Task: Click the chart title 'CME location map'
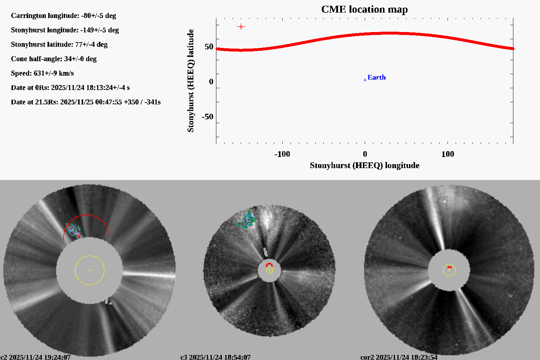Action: [364, 9]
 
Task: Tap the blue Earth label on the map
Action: [377, 77]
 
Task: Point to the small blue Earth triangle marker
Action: [365, 80]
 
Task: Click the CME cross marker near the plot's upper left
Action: [241, 26]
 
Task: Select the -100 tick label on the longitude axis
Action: [282, 154]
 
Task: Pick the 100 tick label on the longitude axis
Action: [447, 154]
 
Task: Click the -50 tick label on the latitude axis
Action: [207, 117]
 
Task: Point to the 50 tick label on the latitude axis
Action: [209, 47]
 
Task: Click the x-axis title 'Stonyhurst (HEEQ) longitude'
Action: [364, 165]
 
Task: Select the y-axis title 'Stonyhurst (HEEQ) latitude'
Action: [190, 81]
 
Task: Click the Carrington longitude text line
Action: [63, 15]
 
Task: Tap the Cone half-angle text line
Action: [54, 59]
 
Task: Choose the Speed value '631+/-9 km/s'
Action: [54, 73]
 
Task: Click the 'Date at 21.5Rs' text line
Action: [86, 102]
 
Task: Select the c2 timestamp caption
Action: [35, 357]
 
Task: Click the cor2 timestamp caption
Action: [399, 357]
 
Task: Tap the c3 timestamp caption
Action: [215, 357]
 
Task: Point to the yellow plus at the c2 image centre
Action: [90, 270]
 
